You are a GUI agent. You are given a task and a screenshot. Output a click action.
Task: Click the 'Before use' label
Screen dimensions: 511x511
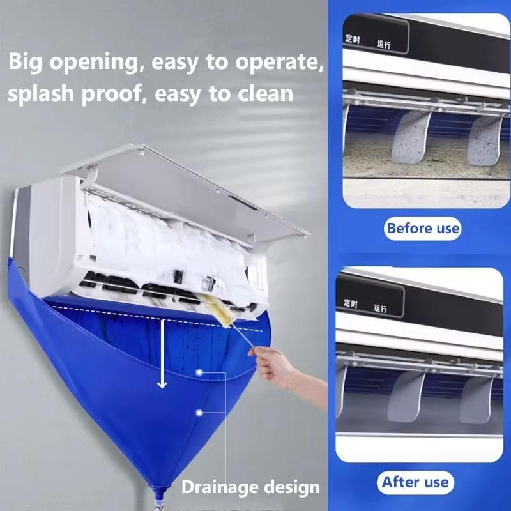click(x=422, y=228)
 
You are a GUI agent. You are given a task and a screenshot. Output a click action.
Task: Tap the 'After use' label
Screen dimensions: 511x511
click(x=415, y=482)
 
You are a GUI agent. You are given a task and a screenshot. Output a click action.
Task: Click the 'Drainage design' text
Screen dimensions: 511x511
click(x=250, y=488)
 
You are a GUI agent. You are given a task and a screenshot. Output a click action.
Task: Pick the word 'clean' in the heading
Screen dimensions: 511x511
click(x=260, y=94)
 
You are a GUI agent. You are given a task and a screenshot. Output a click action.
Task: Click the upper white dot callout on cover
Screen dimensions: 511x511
click(x=200, y=372)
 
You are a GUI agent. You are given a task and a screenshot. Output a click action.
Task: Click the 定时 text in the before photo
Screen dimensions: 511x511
click(x=353, y=38)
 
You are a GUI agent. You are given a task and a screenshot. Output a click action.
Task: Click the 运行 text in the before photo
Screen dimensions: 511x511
click(x=384, y=44)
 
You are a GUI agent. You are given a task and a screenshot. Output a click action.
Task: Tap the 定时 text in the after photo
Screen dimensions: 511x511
click(x=350, y=302)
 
